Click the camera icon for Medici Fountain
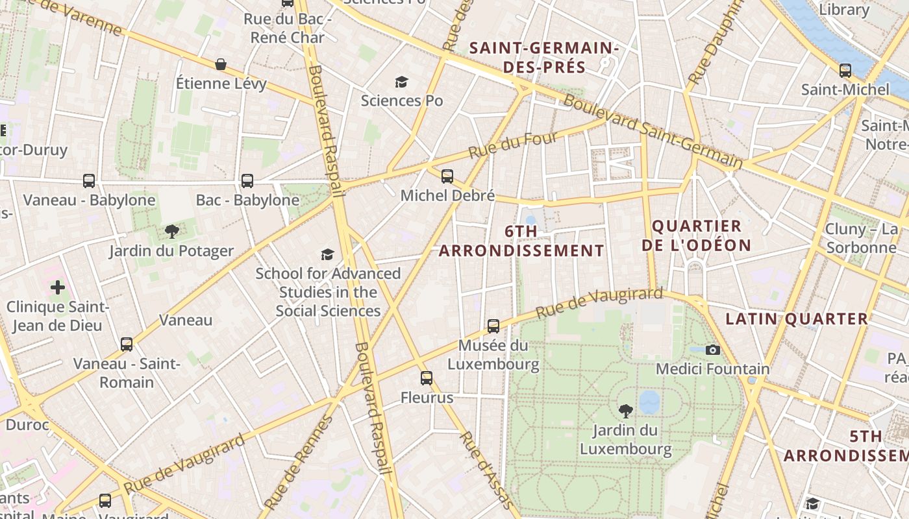[713, 350]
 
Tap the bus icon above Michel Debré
[447, 176]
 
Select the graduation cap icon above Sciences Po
[401, 82]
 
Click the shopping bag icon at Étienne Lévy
[221, 64]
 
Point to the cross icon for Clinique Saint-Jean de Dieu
[58, 287]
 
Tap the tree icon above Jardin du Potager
[171, 231]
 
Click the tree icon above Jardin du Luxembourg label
[625, 410]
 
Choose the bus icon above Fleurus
[427, 378]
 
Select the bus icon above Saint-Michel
[845, 70]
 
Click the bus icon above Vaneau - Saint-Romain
[127, 344]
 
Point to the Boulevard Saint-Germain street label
[652, 132]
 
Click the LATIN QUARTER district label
[797, 319]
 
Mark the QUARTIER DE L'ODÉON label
[696, 235]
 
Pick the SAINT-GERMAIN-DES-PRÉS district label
[544, 57]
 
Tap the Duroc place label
[27, 425]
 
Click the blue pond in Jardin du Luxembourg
[649, 402]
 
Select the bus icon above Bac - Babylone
[247, 180]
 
